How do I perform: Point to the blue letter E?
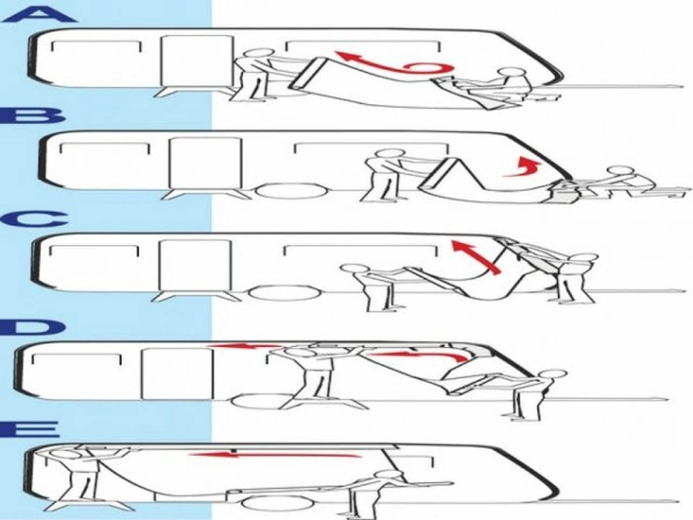(x=34, y=431)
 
